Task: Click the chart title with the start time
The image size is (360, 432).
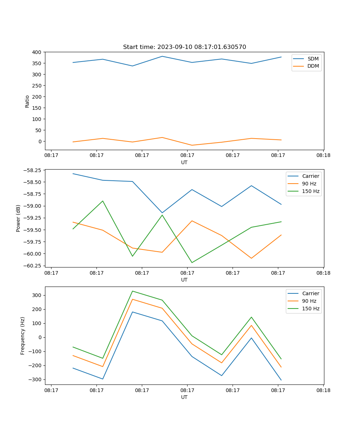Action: click(184, 47)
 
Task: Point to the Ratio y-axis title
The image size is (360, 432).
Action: click(27, 101)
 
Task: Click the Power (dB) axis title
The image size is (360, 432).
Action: click(18, 218)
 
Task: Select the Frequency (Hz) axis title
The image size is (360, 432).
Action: click(23, 336)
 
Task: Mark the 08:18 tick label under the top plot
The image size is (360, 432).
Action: click(323, 156)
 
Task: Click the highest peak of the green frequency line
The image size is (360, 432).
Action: click(132, 291)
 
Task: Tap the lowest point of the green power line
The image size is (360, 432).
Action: click(192, 262)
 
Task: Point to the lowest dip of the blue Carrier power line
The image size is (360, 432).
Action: click(162, 213)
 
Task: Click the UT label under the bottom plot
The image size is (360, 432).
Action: click(184, 397)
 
